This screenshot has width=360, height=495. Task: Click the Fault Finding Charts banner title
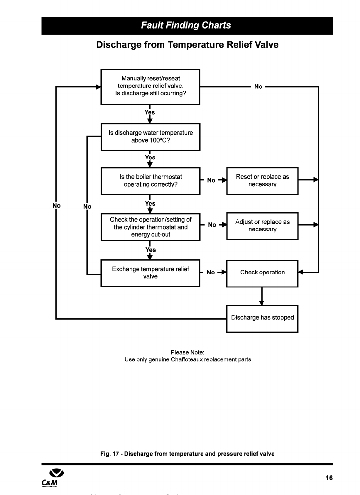point(186,25)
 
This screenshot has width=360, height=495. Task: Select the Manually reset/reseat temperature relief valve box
point(150,87)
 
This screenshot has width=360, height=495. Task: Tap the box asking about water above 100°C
point(151,137)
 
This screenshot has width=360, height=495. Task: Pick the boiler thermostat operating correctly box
point(151,181)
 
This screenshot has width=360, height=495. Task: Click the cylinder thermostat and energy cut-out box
point(151,227)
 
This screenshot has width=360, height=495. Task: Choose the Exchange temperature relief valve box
point(150,273)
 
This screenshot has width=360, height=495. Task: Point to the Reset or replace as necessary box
point(262,181)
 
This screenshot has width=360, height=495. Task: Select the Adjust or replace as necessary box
point(262,226)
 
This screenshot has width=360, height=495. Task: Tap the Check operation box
point(262,273)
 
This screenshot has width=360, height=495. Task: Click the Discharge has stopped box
point(262,319)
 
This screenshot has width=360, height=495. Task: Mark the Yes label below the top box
point(150,112)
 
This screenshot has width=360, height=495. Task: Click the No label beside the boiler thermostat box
point(211,180)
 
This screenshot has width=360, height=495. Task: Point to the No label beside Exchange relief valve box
point(211,272)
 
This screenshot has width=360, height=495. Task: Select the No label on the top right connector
point(258,86)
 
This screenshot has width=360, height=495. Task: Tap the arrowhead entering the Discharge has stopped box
point(262,303)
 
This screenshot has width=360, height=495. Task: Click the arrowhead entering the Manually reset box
point(98,87)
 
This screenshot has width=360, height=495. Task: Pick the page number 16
point(329,478)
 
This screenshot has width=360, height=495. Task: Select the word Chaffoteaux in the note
point(187,359)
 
